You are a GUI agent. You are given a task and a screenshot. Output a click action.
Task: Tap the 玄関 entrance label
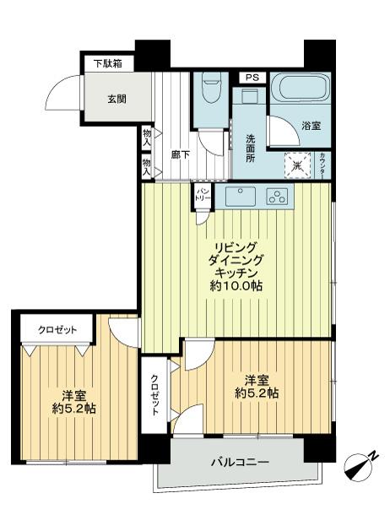tap(116, 98)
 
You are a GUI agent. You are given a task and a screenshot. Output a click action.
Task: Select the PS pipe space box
tap(250, 78)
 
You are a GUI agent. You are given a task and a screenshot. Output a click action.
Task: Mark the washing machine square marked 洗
tap(295, 163)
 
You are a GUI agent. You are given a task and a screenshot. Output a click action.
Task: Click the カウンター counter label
tap(324, 165)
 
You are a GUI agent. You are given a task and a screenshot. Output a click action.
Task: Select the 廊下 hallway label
tap(180, 155)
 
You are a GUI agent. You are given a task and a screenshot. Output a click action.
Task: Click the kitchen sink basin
tap(240, 198)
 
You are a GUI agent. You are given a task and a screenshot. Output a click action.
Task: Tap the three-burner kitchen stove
tap(276, 198)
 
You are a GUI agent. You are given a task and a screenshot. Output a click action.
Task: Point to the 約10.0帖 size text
tap(236, 286)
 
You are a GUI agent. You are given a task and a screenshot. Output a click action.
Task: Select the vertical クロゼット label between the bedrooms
tap(156, 394)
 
